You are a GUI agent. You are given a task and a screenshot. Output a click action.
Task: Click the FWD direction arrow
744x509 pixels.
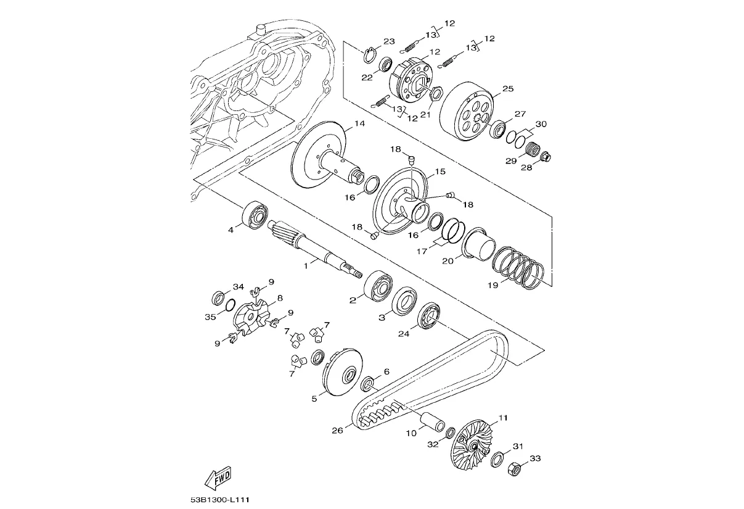point(218,479)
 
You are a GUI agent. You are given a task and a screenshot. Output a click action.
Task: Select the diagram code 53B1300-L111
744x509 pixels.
point(220,500)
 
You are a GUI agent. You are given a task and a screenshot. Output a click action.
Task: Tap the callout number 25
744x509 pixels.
point(508,89)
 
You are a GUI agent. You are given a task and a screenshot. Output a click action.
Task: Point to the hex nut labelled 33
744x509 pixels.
point(514,470)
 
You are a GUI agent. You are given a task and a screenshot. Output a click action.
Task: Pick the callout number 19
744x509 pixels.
point(493,285)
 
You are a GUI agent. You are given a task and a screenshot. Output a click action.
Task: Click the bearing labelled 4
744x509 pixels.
point(255,215)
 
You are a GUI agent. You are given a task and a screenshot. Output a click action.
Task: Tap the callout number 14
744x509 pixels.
point(359,123)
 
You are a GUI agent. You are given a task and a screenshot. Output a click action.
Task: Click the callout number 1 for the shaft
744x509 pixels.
point(306,266)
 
